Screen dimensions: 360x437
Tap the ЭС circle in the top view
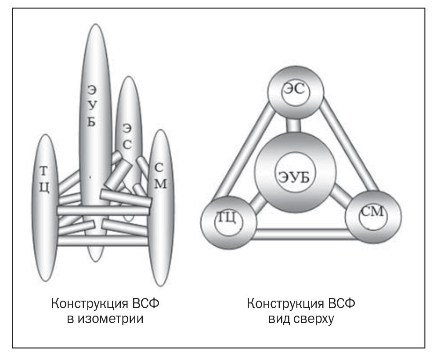coord(296,93)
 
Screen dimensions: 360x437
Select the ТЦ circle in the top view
coord(228,218)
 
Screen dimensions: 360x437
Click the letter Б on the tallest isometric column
coord(91,122)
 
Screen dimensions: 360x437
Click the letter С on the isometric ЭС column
coord(127,145)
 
